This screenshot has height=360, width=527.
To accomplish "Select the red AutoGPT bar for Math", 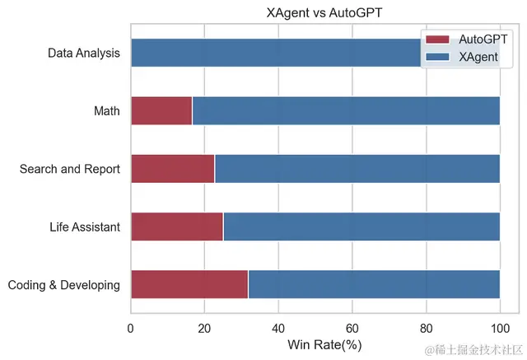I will [161, 111].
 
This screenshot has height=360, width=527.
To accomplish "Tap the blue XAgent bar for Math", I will [346, 111].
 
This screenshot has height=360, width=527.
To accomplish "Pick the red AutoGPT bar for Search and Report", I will [172, 169].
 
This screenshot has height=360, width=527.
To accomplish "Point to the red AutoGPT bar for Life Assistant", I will [177, 227].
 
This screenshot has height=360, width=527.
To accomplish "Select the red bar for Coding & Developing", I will [189, 284].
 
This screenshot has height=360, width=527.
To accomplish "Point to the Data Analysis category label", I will [84, 54].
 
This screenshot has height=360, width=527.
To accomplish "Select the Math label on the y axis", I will [107, 111].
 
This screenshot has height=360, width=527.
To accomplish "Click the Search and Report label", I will [70, 169].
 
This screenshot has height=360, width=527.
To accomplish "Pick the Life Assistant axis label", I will [85, 227].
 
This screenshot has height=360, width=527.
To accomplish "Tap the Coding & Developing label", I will [64, 285].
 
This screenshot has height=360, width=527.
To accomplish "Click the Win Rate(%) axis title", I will [324, 344].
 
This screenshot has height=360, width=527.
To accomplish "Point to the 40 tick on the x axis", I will [278, 327].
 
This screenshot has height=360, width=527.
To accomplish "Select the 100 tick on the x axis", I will [500, 327].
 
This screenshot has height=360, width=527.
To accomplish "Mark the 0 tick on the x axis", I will [131, 327].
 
